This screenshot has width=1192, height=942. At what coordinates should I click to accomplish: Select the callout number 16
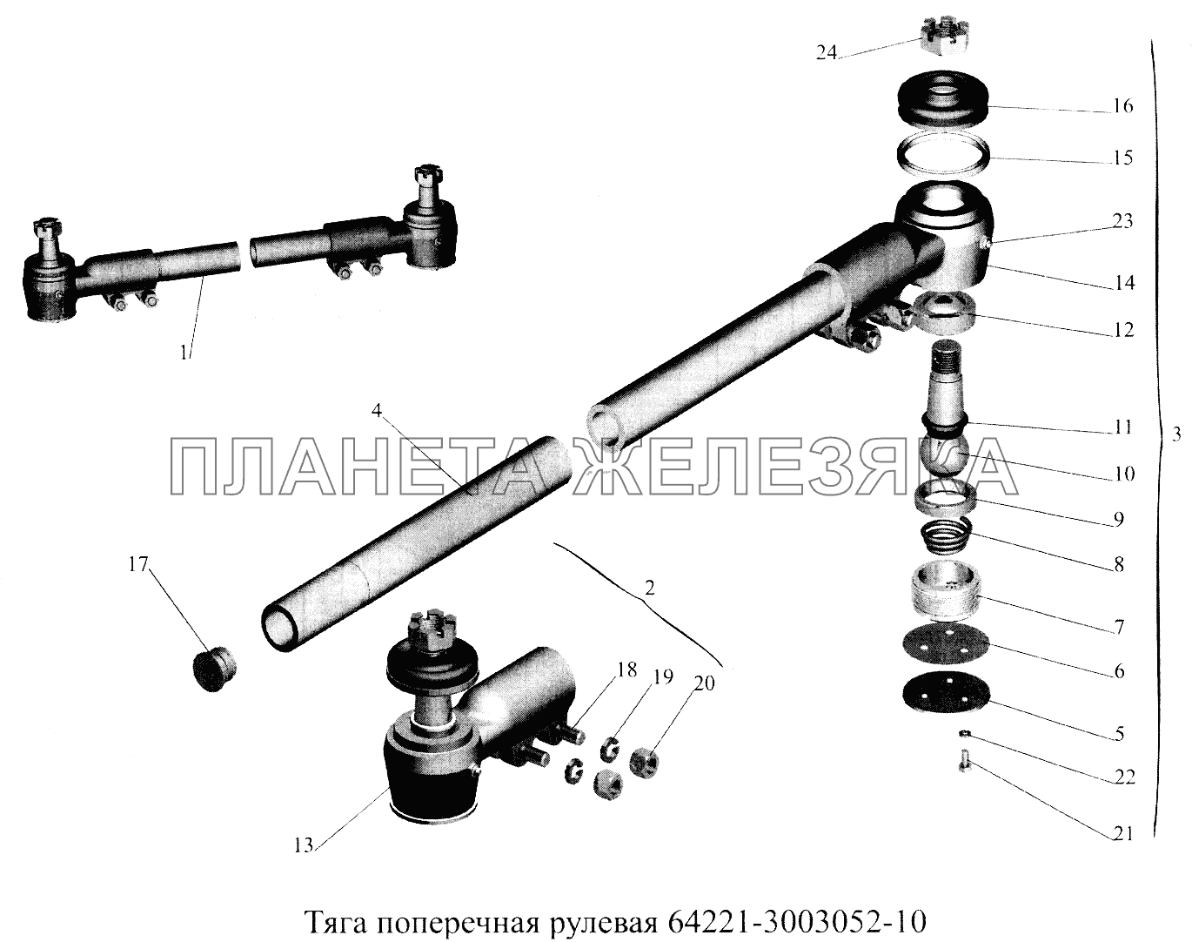click(x=1122, y=106)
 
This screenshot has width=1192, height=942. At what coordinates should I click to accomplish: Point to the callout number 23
click(x=1122, y=221)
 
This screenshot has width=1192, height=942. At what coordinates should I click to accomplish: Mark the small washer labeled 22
click(x=965, y=735)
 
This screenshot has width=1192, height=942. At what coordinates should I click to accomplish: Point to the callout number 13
click(x=304, y=861)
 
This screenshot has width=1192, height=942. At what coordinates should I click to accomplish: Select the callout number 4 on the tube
click(x=377, y=412)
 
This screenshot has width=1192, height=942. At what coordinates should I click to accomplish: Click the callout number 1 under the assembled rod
click(x=184, y=353)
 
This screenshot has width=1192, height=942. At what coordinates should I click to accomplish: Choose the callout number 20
click(x=704, y=684)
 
